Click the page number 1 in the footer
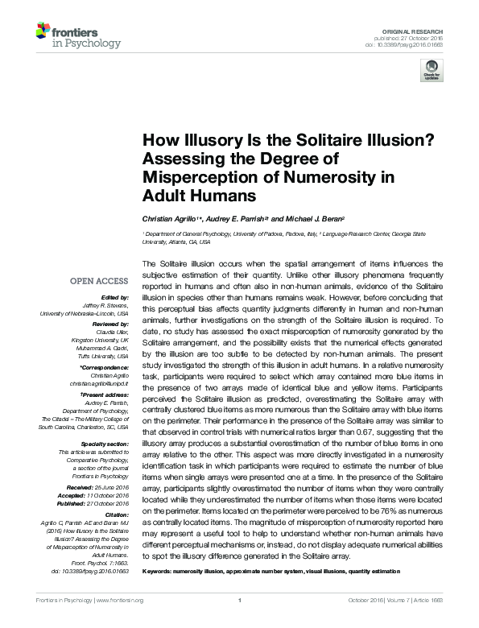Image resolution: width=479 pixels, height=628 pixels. tap(240, 622)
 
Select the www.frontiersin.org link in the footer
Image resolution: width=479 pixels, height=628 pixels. tap(120, 622)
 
